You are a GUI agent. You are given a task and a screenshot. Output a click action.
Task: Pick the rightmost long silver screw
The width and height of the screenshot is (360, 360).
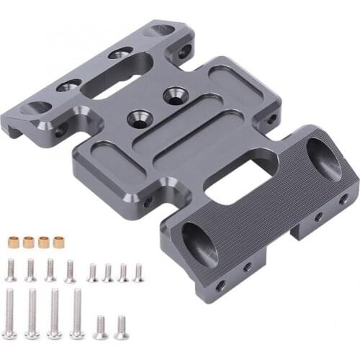[76, 312]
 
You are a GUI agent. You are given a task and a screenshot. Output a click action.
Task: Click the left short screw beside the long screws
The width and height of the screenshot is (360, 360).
[101, 326]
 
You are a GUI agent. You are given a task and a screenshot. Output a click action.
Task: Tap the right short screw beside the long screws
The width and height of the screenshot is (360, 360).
[120, 326]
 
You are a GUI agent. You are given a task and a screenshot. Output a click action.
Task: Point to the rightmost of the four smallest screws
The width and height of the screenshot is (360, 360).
[138, 272]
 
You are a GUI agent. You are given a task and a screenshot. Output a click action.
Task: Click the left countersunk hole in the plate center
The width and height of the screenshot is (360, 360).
[134, 115]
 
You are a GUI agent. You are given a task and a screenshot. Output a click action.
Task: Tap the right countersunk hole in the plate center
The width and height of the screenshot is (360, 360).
[173, 94]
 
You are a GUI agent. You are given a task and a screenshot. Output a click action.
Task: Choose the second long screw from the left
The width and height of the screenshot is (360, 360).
[33, 311]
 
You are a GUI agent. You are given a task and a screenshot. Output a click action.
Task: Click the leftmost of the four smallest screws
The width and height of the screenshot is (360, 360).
[91, 272]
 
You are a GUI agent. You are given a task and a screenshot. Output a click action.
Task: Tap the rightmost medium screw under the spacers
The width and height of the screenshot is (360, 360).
[70, 271]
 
